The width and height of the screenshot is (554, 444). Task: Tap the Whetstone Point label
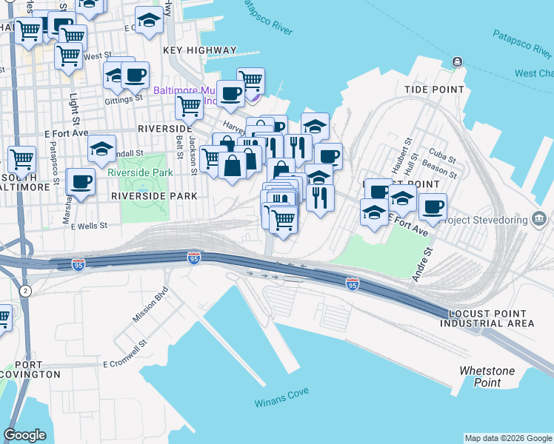click(x=479, y=377)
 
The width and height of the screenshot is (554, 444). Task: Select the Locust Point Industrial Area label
click(x=487, y=319)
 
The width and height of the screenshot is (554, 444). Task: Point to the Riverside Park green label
click(x=140, y=172)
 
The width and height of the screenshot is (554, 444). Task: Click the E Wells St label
click(x=89, y=226)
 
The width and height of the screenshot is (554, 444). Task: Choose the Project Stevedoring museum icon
click(x=540, y=219)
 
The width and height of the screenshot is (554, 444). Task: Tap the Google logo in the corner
click(x=25, y=435)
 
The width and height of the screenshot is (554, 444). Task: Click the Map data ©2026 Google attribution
click(x=508, y=438)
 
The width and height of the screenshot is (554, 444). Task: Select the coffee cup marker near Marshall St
click(x=80, y=181)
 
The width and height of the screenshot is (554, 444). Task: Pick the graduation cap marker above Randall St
click(x=101, y=148)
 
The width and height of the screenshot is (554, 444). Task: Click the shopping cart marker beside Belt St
click(x=189, y=106)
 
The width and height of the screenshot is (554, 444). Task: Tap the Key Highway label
click(x=200, y=50)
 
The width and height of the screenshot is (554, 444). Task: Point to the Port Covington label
click(x=31, y=369)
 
